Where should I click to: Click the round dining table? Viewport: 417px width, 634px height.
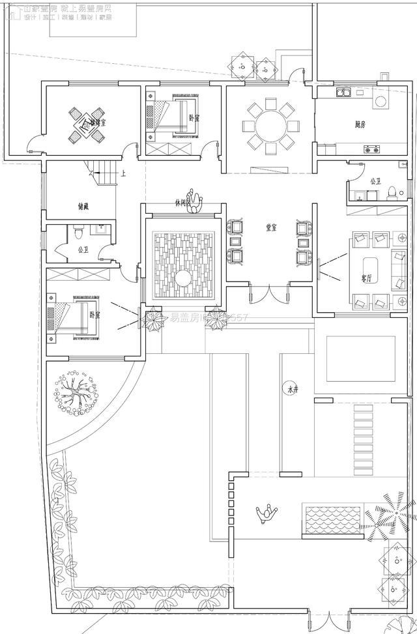pyautogui.click(x=269, y=124)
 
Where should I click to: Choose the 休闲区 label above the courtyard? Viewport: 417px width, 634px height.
pyautogui.click(x=183, y=202)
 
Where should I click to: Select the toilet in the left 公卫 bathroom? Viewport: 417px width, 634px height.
pyautogui.click(x=78, y=230)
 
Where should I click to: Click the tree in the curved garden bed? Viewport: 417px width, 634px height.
pyautogui.click(x=77, y=392)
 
